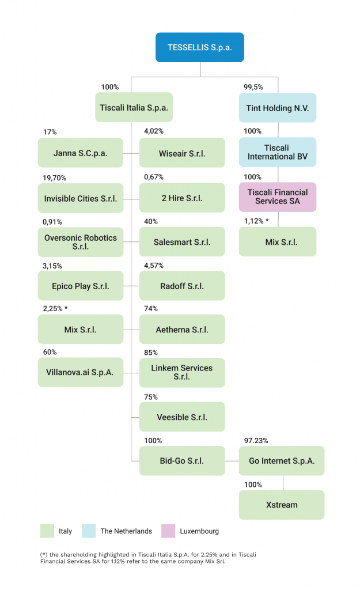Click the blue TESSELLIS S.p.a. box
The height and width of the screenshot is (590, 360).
(200, 47)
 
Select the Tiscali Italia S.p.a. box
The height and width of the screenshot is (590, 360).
(134, 107)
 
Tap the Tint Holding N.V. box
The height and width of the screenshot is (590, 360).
(278, 108)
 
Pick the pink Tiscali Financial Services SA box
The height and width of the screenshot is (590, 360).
(278, 197)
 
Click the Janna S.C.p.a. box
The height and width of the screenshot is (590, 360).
(80, 153)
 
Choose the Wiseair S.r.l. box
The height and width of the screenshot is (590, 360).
(182, 153)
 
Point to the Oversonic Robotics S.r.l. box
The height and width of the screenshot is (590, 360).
(80, 242)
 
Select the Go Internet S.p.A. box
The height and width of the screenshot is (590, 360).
(282, 461)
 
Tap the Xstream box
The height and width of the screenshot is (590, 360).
(282, 505)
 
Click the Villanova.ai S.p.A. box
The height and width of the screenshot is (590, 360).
(80, 372)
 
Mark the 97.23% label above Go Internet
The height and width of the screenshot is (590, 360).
(256, 440)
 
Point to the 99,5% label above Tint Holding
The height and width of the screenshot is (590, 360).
(253, 87)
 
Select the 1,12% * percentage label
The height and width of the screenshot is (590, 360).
(256, 221)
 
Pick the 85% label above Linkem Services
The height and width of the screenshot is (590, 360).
(151, 353)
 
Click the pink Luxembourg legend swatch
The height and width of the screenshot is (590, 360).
(168, 531)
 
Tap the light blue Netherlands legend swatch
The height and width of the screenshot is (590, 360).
(89, 531)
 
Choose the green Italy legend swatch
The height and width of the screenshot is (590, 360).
(47, 531)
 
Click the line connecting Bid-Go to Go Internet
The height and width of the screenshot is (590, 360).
(232, 461)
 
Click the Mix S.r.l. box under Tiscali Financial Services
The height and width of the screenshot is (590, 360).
(278, 242)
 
